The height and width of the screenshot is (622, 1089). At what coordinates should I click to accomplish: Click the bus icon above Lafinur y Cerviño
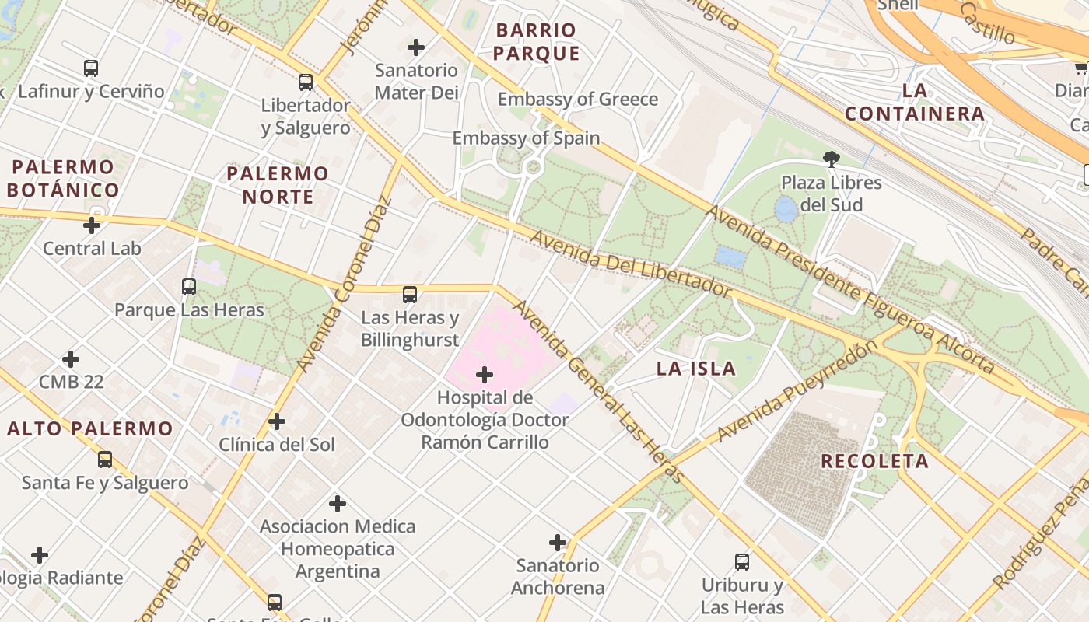[x=91, y=68]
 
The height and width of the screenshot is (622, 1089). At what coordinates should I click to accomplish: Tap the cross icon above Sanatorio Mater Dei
[x=416, y=47]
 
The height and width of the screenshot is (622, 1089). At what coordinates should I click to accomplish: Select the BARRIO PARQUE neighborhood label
[x=536, y=42]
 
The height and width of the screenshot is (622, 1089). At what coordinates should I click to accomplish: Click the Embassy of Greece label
[x=577, y=99]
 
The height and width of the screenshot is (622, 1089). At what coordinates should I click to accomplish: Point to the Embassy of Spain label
[x=526, y=138]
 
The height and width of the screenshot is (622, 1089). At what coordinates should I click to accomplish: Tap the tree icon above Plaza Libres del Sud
[x=832, y=159]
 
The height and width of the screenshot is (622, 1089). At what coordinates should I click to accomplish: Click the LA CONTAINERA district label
[x=915, y=102]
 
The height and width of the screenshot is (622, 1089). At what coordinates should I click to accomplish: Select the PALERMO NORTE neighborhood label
[x=278, y=184]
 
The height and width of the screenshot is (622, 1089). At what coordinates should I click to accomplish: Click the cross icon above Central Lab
[x=92, y=225]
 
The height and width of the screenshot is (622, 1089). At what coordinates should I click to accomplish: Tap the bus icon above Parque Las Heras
[x=189, y=287]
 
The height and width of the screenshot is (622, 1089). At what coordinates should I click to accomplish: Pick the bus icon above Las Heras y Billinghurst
[x=410, y=295]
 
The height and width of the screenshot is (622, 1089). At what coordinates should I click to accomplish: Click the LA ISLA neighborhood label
[x=695, y=369]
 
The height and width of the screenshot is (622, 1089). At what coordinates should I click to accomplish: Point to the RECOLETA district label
[x=874, y=461]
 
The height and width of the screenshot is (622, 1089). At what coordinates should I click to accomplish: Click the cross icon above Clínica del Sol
[x=276, y=422]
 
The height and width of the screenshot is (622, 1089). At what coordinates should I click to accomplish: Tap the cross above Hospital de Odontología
[x=485, y=376]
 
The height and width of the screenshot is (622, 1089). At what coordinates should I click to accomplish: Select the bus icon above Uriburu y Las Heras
[x=742, y=562]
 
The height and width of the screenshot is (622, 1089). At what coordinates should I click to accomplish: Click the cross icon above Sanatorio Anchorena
[x=558, y=543]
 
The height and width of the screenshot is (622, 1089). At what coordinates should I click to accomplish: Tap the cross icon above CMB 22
[x=71, y=359]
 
